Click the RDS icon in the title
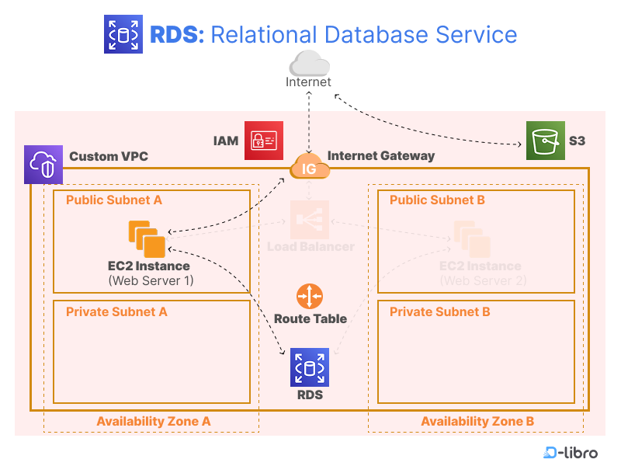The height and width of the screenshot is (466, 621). (123, 34)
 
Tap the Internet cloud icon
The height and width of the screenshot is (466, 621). (309, 63)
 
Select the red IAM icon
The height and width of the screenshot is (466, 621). (263, 141)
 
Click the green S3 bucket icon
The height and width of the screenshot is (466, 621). (545, 141)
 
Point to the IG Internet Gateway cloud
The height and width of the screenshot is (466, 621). (309, 167)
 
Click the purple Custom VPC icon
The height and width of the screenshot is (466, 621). (41, 165)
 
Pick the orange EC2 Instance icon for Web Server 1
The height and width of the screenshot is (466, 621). (147, 238)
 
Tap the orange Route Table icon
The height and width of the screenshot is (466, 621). (309, 297)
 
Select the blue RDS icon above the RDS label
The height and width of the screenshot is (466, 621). (309, 367)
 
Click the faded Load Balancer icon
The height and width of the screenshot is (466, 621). (310, 220)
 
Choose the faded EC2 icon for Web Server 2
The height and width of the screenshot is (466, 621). (472, 238)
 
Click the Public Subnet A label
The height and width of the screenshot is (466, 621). (114, 200)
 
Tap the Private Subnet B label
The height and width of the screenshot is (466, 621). (439, 312)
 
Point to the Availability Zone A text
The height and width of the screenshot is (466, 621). (154, 421)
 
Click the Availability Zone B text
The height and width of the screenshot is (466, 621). (477, 421)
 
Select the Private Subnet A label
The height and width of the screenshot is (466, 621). (116, 312)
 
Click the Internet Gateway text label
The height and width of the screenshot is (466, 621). (381, 156)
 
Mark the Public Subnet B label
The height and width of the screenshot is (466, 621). (437, 200)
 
